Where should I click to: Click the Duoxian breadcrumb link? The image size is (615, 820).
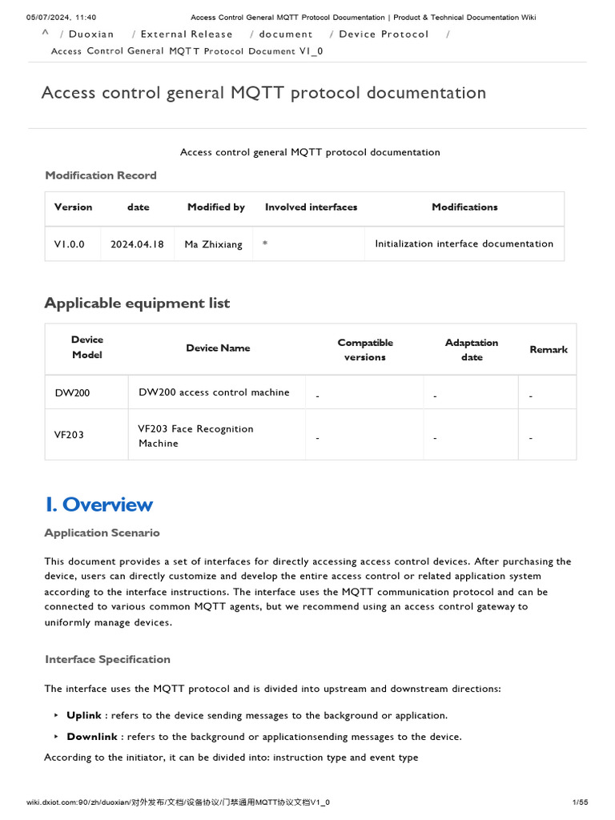pyautogui.click(x=90, y=34)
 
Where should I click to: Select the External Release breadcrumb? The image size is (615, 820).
pyautogui.click(x=187, y=34)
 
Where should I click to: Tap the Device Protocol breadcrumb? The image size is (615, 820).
pyautogui.click(x=384, y=34)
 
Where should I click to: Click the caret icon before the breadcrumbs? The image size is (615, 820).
pyautogui.click(x=46, y=33)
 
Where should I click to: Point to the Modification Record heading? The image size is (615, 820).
pyautogui.click(x=101, y=175)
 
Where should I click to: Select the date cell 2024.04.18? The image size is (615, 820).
pyautogui.click(x=137, y=244)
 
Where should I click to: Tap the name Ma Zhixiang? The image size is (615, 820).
pyautogui.click(x=213, y=244)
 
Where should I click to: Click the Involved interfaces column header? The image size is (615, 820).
pyautogui.click(x=311, y=207)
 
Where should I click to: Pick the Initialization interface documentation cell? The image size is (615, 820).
pyautogui.click(x=464, y=243)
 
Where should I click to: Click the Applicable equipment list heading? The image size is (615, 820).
pyautogui.click(x=137, y=303)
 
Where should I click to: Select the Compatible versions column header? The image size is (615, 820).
pyautogui.click(x=365, y=350)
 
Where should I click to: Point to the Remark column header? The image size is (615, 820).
pyautogui.click(x=549, y=350)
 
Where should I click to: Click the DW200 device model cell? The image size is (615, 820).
pyautogui.click(x=72, y=393)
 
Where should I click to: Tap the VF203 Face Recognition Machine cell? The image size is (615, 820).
pyautogui.click(x=195, y=436)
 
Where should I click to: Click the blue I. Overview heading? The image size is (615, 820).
pyautogui.click(x=98, y=504)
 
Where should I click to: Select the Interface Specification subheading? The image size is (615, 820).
pyautogui.click(x=107, y=659)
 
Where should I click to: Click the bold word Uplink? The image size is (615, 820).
pyautogui.click(x=84, y=715)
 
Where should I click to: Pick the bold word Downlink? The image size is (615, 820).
pyautogui.click(x=92, y=737)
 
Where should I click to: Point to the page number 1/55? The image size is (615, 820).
pyautogui.click(x=581, y=802)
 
